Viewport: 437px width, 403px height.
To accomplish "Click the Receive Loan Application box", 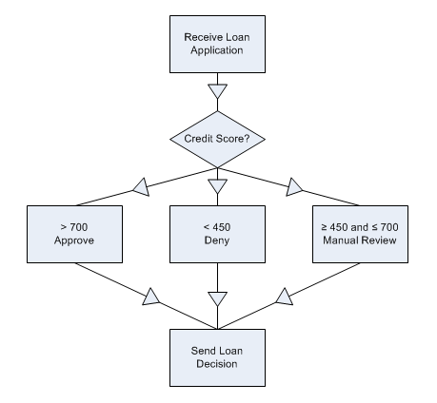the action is click(217, 44).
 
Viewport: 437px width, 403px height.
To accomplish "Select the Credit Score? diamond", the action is click(217, 139).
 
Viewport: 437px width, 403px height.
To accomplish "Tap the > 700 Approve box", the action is click(74, 234).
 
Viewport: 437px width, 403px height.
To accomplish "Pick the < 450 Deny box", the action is click(217, 234).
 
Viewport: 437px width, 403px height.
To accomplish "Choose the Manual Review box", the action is click(360, 234).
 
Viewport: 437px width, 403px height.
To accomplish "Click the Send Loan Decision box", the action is click(217, 357).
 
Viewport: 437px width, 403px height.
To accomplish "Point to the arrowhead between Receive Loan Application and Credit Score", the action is click(217, 91).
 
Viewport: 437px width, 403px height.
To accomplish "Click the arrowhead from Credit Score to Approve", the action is click(142, 187).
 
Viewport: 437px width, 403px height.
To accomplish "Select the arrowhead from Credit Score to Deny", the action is click(217, 186).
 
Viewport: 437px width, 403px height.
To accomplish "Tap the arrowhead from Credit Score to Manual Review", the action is click(293, 187).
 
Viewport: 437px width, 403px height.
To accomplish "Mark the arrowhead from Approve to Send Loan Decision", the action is click(150, 297).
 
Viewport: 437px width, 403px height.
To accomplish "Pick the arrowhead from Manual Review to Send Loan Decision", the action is click(285, 297).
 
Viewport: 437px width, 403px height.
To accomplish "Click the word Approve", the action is click(74, 240).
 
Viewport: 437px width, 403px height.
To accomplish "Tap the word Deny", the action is click(217, 240).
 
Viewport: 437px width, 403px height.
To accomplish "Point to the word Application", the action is click(217, 50).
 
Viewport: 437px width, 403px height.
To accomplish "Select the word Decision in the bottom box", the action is click(217, 364).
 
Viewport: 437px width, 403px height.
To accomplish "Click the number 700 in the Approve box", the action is click(79, 227).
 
